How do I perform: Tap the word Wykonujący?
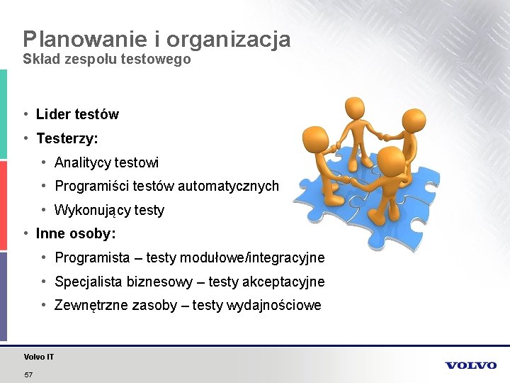click(91, 211)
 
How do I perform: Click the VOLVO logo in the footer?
click(471, 365)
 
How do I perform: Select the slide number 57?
click(28, 374)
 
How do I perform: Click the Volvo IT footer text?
click(38, 357)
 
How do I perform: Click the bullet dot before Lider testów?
click(25, 114)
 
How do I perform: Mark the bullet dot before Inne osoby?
click(25, 233)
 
